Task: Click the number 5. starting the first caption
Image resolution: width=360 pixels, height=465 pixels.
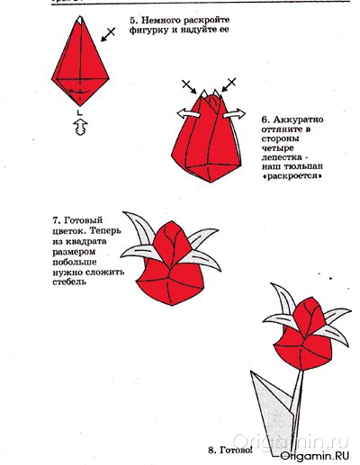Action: click(x=133, y=19)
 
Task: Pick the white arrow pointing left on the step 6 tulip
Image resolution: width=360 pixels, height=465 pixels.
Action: click(x=185, y=112)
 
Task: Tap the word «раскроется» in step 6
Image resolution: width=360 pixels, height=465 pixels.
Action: click(x=293, y=177)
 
